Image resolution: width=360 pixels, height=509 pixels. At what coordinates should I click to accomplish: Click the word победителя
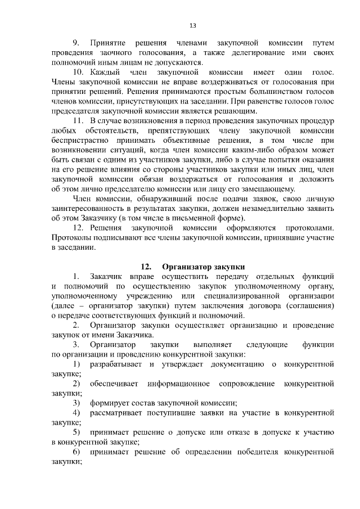[258, 454]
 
